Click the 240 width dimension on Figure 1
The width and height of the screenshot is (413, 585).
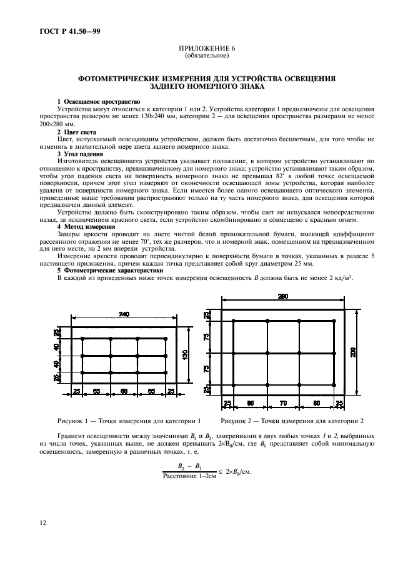[124, 315]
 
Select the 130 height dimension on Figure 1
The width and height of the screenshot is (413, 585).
[185, 354]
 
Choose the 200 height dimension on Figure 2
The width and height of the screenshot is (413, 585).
[353, 353]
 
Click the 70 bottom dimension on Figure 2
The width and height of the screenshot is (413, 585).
[283, 404]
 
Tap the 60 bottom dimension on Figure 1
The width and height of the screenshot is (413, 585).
[124, 391]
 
